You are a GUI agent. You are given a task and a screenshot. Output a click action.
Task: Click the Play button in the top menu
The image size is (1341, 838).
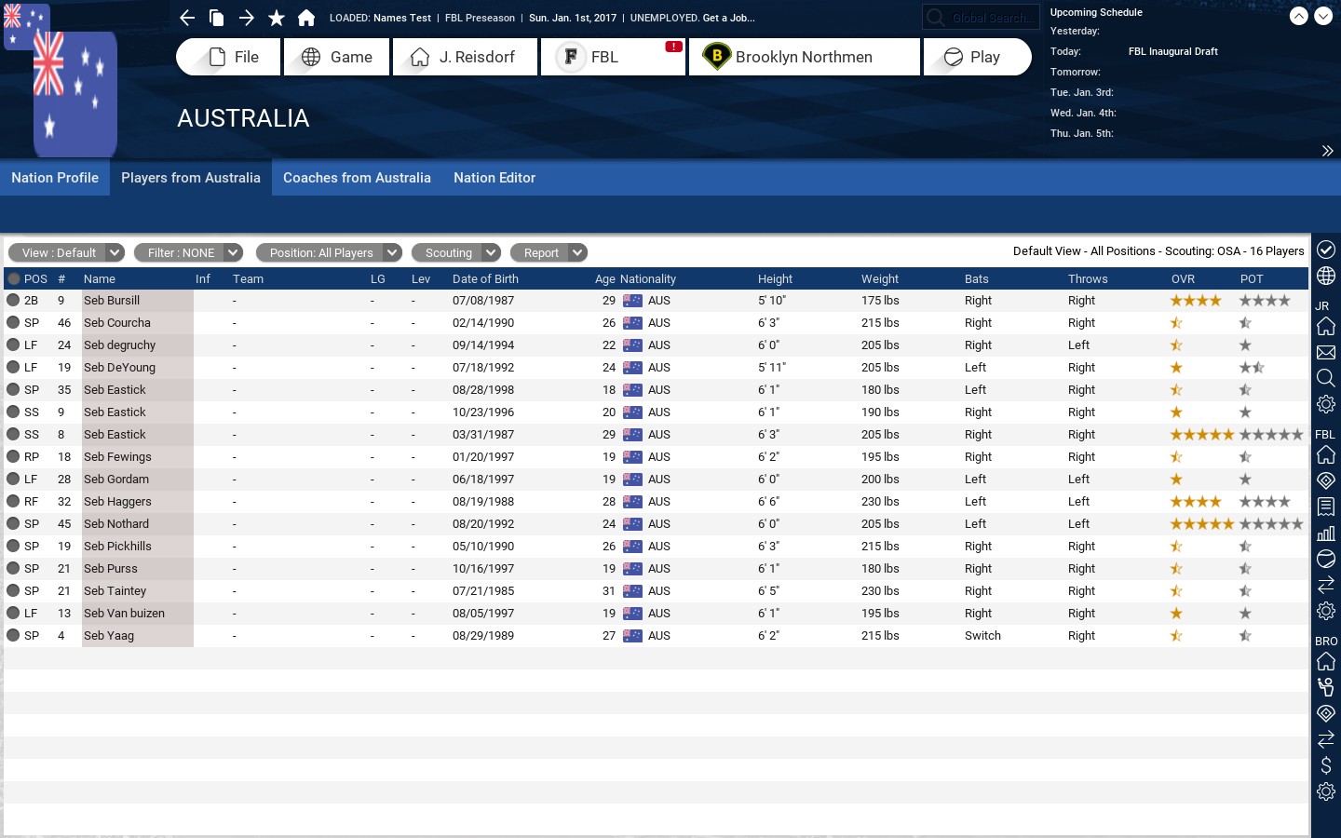977,57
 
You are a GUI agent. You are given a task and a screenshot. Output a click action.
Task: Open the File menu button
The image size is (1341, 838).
228,57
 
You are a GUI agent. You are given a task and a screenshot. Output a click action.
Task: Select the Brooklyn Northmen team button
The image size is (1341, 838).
804,57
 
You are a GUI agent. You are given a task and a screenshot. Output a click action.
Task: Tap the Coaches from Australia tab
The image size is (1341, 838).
357,178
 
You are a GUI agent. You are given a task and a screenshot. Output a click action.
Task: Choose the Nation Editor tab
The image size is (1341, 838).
494,178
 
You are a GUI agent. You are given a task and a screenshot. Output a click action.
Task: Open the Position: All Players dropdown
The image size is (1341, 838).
329,252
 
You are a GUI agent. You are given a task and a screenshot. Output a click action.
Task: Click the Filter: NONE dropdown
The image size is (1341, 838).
188,252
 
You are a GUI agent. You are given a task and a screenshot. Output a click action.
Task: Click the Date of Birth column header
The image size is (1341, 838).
485,279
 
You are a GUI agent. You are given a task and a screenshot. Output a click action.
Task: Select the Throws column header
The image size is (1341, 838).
1088,279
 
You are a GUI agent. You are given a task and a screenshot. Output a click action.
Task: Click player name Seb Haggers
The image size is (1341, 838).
117,502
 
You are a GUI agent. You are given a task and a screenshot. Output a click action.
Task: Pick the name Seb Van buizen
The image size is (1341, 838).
124,614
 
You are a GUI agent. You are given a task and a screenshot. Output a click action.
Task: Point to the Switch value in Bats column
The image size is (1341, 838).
982,636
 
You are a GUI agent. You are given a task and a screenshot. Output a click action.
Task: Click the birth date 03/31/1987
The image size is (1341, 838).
483,435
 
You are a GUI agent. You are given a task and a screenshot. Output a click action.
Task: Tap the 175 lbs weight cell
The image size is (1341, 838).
880,301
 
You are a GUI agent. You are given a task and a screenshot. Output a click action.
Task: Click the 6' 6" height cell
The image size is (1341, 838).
768,502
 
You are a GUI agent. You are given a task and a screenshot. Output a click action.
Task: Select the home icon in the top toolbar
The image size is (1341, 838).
305,18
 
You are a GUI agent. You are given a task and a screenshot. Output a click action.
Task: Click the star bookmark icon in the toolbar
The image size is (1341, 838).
276,18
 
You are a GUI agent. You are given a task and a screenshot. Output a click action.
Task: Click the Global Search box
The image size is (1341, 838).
981,18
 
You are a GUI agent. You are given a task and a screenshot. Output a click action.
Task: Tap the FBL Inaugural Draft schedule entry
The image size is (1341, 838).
1172,51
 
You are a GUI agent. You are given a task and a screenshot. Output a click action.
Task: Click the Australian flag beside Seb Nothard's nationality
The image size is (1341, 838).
632,524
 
